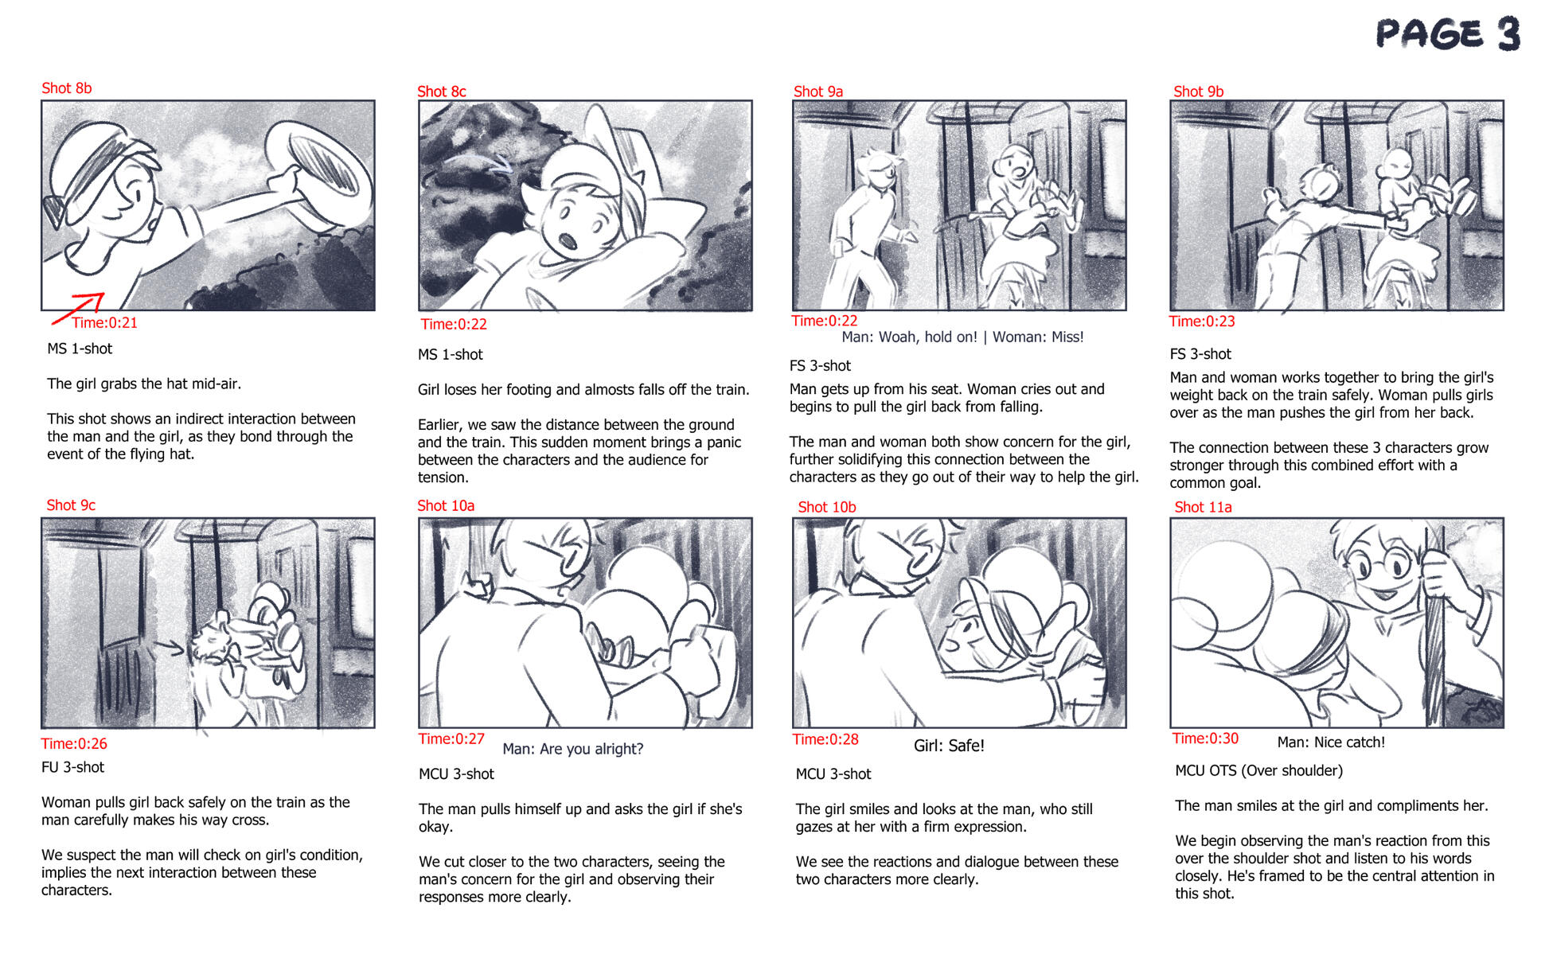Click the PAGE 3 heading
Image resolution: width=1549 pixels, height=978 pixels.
pos(1448,34)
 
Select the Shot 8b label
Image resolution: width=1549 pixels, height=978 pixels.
pos(67,88)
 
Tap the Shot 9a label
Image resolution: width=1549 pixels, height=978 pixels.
pos(818,92)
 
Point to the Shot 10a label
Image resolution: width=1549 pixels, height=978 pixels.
pos(446,506)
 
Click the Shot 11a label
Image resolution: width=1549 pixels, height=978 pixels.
pos(1203,508)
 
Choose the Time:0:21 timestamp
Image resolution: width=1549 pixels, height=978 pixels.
pos(105,323)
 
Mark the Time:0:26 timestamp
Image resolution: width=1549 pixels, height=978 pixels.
pos(74,744)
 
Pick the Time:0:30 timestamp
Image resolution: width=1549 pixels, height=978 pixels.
pos(1205,738)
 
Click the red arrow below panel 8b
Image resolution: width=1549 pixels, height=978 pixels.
pos(78,309)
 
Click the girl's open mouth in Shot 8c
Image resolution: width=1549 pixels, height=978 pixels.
pos(567,240)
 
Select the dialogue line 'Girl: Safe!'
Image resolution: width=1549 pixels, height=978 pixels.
pos(949,746)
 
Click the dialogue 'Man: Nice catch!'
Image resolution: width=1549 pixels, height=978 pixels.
pos(1331,742)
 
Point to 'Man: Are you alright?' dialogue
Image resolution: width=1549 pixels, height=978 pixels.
pos(573,750)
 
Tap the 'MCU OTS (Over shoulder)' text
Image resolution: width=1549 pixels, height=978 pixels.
pos(1258,771)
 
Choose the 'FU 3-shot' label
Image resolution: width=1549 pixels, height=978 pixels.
pos(72,768)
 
